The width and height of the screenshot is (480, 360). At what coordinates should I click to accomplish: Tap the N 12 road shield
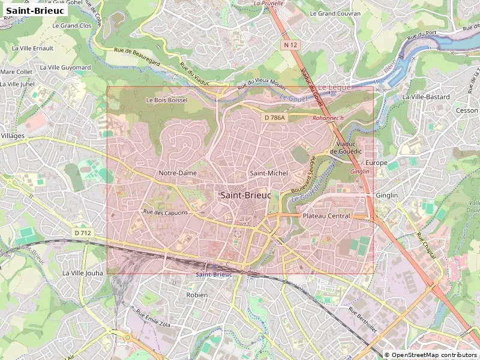(291, 45)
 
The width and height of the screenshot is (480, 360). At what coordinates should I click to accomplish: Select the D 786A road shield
(275, 118)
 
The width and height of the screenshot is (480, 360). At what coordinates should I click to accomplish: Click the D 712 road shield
(83, 233)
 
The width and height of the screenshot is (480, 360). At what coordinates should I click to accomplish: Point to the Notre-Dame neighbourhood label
(178, 173)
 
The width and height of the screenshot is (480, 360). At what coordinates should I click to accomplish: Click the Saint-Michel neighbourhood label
(269, 173)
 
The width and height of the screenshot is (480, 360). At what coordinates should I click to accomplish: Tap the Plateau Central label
(326, 216)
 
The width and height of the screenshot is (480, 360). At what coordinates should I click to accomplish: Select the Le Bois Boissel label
(167, 100)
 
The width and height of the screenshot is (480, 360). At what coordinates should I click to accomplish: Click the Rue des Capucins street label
(166, 212)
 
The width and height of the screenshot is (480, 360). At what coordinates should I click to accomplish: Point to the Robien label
(197, 295)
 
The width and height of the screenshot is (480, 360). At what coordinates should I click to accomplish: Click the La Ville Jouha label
(83, 273)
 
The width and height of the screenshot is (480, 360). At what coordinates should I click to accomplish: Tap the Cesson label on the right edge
(467, 110)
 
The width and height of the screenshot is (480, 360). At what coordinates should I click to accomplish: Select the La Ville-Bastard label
(426, 97)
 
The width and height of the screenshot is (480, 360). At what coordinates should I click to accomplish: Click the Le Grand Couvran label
(335, 13)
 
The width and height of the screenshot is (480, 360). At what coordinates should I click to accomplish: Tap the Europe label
(377, 163)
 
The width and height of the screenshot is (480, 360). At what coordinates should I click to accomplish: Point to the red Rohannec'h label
(328, 118)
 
